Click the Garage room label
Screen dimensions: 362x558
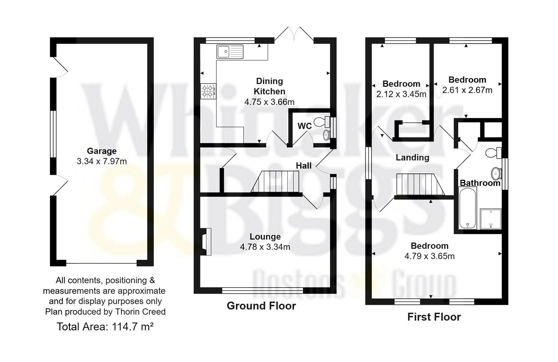tap(101, 151)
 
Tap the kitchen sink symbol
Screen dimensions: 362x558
tap(230, 52)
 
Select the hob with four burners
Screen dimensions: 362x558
tap(208, 91)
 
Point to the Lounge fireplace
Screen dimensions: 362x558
tap(206, 242)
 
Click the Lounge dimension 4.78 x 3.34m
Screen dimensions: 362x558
tap(265, 247)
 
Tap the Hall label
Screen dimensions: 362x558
tap(304, 166)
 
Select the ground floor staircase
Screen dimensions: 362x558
tap(275, 181)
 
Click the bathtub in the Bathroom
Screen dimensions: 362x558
tap(467, 208)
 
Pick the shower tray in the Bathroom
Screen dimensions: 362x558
tap(491, 219)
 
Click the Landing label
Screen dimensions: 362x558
tap(412, 158)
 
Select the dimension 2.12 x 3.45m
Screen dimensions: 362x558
tap(401, 94)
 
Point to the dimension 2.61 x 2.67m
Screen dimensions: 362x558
tap(467, 90)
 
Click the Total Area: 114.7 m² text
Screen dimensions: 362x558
tap(105, 326)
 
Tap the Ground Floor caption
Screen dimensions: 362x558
tap(261, 306)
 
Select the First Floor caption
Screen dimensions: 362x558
tap(434, 317)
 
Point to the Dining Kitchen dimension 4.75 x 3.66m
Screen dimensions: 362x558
tap(269, 102)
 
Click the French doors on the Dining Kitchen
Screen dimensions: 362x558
tap(294, 35)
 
